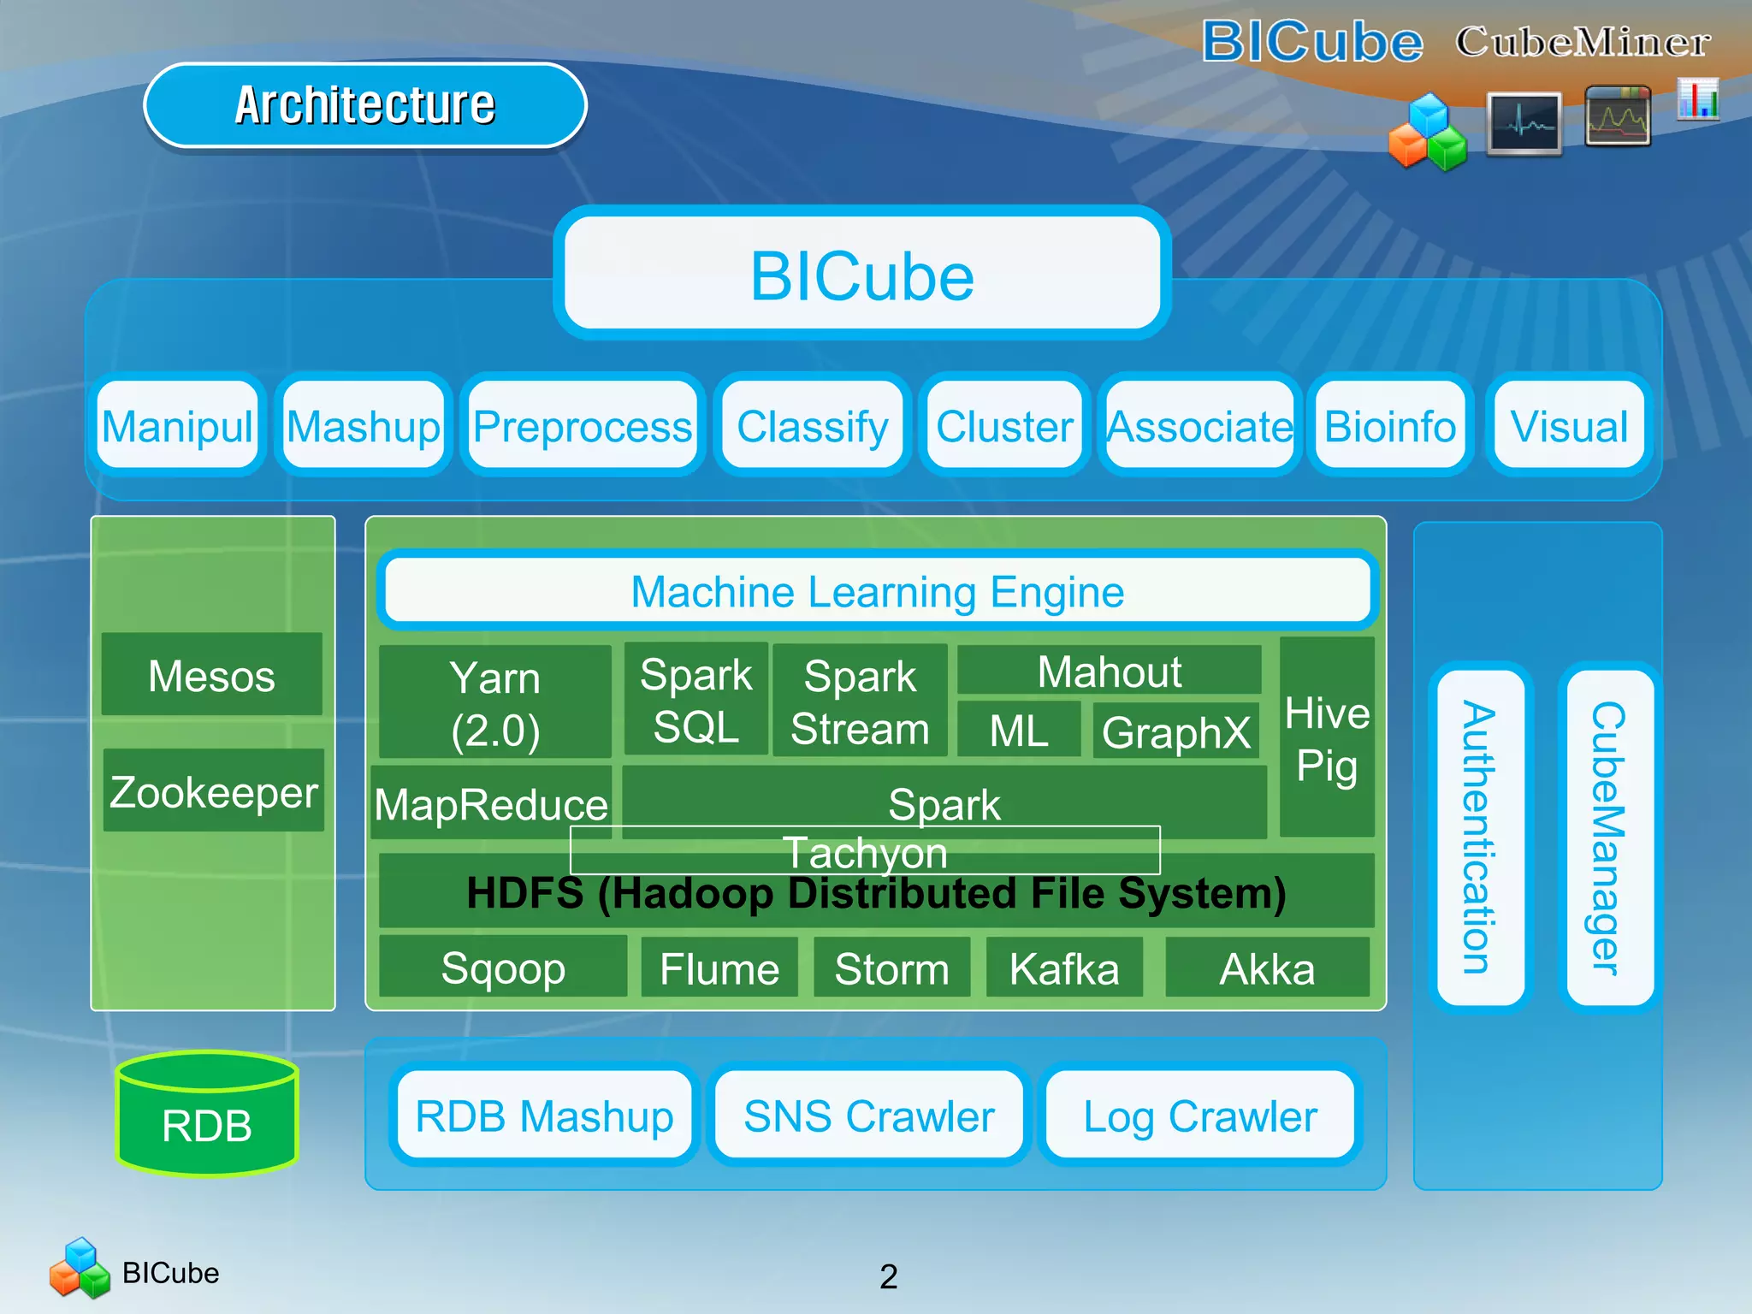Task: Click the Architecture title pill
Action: click(x=365, y=105)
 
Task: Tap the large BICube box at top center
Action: click(x=861, y=274)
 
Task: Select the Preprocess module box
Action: click(x=583, y=426)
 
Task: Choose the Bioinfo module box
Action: click(x=1389, y=426)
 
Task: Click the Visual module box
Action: click(x=1569, y=426)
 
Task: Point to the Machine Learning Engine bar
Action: click(x=877, y=591)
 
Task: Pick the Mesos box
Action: click(x=211, y=675)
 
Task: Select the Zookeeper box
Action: click(x=213, y=790)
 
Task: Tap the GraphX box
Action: click(x=1175, y=731)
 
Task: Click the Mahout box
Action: click(x=1109, y=671)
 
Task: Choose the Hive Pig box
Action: click(x=1326, y=737)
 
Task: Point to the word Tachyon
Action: click(x=865, y=852)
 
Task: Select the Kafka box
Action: click(x=1063, y=968)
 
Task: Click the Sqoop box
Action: click(x=502, y=968)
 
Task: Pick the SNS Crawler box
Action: click(x=868, y=1116)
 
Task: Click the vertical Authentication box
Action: click(x=1480, y=837)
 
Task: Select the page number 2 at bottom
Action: click(x=888, y=1276)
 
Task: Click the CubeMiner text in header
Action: click(x=1583, y=41)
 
